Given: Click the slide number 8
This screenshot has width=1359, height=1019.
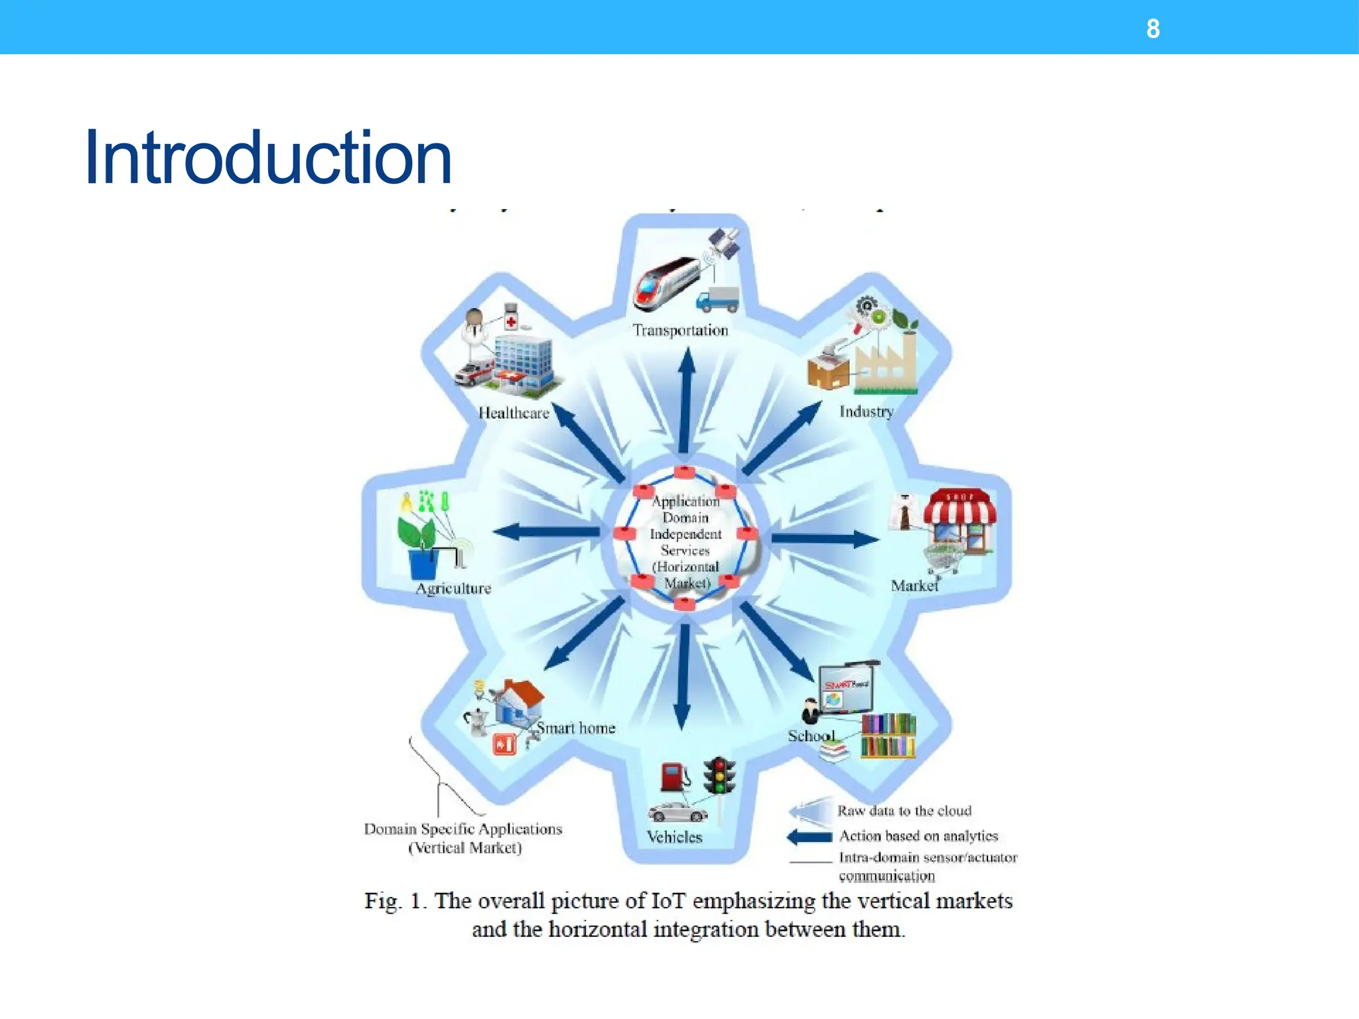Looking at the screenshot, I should (x=1153, y=29).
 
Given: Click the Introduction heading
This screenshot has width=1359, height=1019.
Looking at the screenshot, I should (x=268, y=158).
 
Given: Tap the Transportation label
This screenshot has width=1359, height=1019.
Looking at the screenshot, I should (x=679, y=330).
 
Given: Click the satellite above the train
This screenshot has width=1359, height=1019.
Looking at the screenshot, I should (x=723, y=243).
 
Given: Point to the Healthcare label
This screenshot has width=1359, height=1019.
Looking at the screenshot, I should (x=514, y=413).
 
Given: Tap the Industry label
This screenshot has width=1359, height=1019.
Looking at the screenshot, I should (x=866, y=412).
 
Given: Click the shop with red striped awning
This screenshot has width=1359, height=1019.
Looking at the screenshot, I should (x=960, y=521).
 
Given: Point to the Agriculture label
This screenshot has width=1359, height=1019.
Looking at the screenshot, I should (x=453, y=588).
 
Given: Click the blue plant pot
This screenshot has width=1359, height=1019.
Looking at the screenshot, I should (x=423, y=563).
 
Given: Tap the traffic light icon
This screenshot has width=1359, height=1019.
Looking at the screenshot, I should (x=719, y=776).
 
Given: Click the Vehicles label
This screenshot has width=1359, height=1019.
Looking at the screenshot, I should (x=674, y=837).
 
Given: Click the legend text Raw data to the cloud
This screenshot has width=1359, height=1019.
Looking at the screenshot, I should (x=904, y=811).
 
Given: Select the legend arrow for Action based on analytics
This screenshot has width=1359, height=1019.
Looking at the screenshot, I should (x=809, y=837).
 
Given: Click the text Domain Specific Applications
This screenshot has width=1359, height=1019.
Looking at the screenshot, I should (x=463, y=829).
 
